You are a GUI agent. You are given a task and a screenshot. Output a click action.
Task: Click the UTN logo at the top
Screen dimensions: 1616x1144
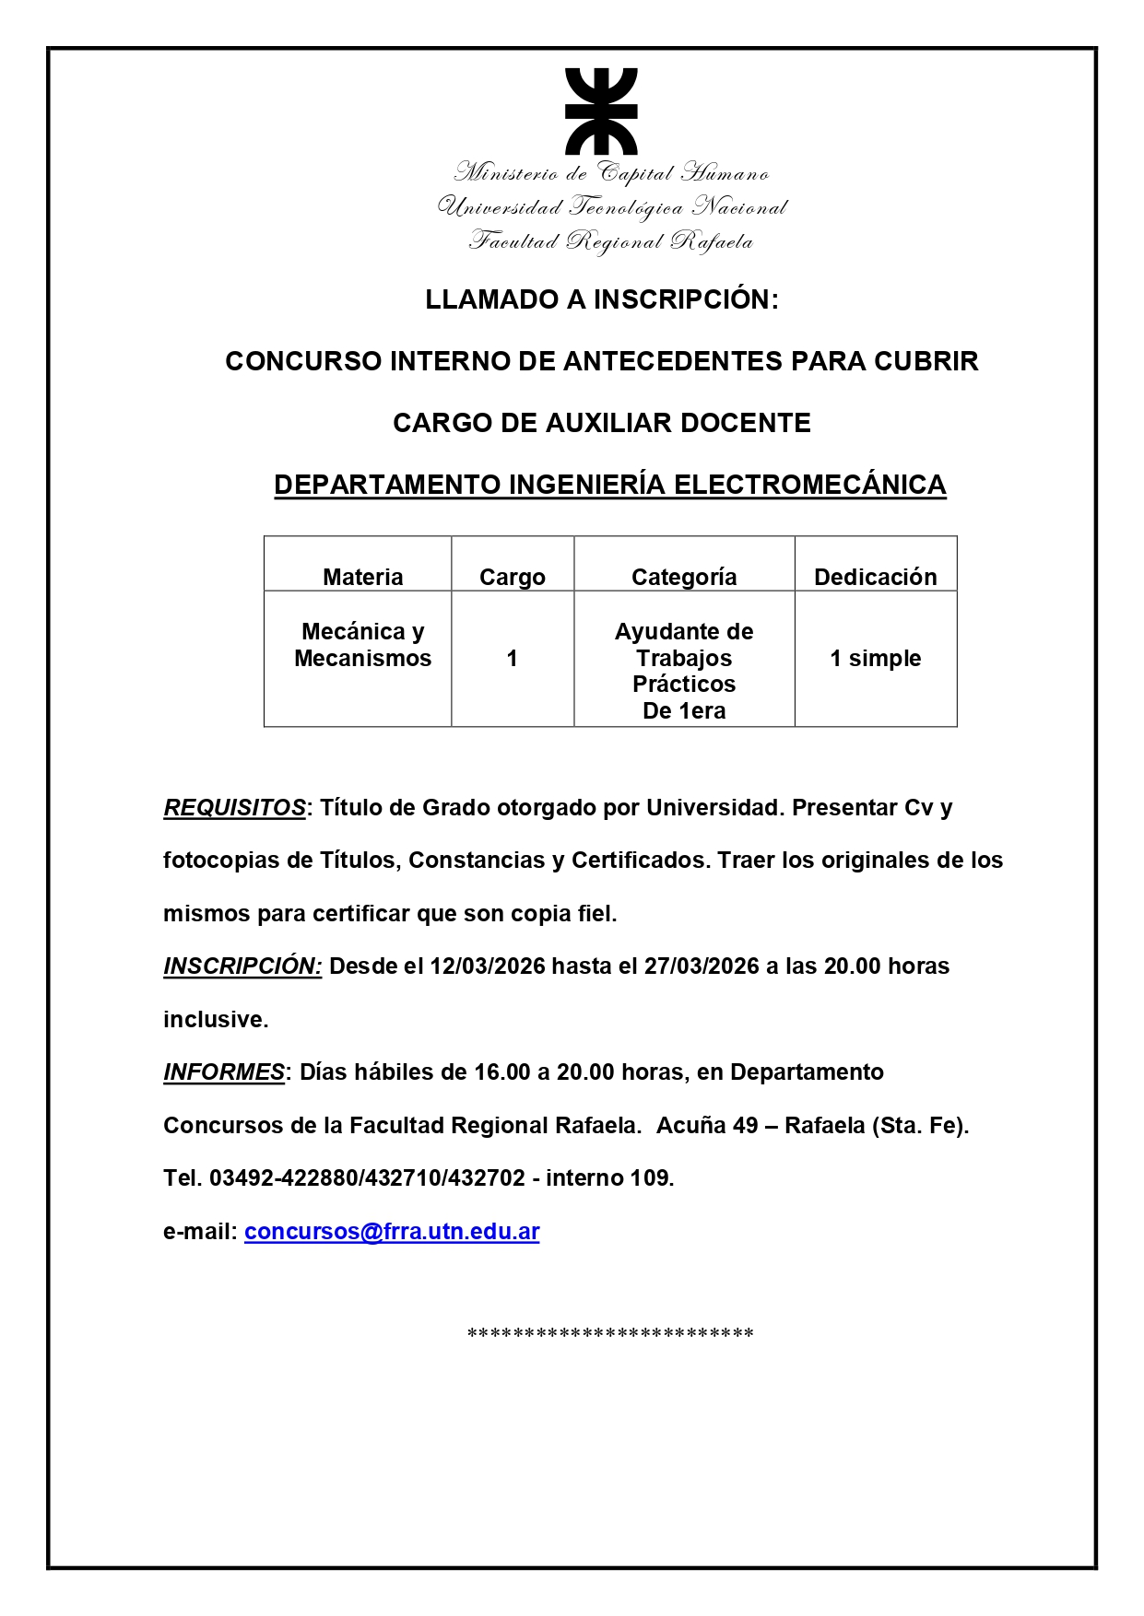601,111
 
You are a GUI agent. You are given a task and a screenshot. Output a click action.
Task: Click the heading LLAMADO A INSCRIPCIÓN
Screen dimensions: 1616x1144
601,299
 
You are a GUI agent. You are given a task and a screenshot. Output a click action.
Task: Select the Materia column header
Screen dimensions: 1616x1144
362,577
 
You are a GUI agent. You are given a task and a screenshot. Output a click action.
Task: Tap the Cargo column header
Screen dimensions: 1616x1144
512,577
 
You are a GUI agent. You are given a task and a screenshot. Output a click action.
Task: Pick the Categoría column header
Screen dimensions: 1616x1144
684,577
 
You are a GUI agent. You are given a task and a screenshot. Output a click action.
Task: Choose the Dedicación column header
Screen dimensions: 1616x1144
875,577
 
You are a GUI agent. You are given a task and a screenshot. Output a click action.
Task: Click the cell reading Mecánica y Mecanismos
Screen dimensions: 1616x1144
362,645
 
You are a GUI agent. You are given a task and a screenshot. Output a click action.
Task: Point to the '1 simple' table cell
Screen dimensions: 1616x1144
875,658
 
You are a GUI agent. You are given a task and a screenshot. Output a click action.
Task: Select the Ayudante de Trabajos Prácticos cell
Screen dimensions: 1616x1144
684,671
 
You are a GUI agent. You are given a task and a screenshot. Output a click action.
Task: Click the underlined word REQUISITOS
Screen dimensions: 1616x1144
234,808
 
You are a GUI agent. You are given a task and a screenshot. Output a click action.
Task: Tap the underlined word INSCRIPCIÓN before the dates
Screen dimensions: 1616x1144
242,966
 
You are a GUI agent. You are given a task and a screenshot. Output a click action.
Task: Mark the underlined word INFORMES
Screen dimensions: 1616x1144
224,1072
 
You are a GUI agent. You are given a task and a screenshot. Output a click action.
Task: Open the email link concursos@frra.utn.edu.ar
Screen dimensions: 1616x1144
392,1232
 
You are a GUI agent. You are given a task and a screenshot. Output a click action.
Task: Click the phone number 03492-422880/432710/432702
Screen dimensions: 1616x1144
367,1178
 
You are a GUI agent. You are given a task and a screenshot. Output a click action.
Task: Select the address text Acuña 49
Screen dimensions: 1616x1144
706,1126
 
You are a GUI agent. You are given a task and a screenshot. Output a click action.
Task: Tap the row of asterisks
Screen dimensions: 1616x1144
610,1334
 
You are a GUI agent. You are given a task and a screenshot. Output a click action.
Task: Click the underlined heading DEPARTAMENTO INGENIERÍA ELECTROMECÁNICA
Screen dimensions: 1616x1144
610,485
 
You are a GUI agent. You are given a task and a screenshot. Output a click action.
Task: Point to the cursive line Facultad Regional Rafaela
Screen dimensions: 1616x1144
610,242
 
